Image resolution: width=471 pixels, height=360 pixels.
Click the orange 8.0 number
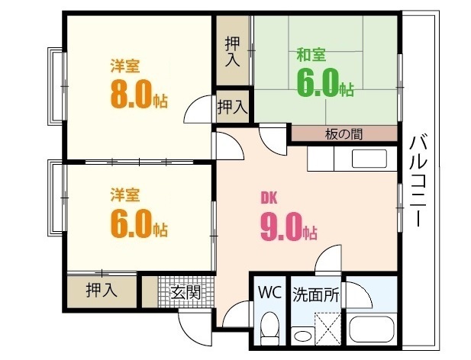pos(133,96)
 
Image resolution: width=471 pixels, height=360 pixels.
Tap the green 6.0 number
pos(318,82)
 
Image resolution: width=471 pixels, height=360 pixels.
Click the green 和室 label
pos(311,55)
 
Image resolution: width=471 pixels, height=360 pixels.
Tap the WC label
pos(269,293)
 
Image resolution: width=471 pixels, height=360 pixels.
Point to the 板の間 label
pos(344,134)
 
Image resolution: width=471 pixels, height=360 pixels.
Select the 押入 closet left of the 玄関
pos(102,290)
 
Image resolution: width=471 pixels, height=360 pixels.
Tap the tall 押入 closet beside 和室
pos(233,50)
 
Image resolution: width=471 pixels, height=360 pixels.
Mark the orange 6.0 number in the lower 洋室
pos(133,224)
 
